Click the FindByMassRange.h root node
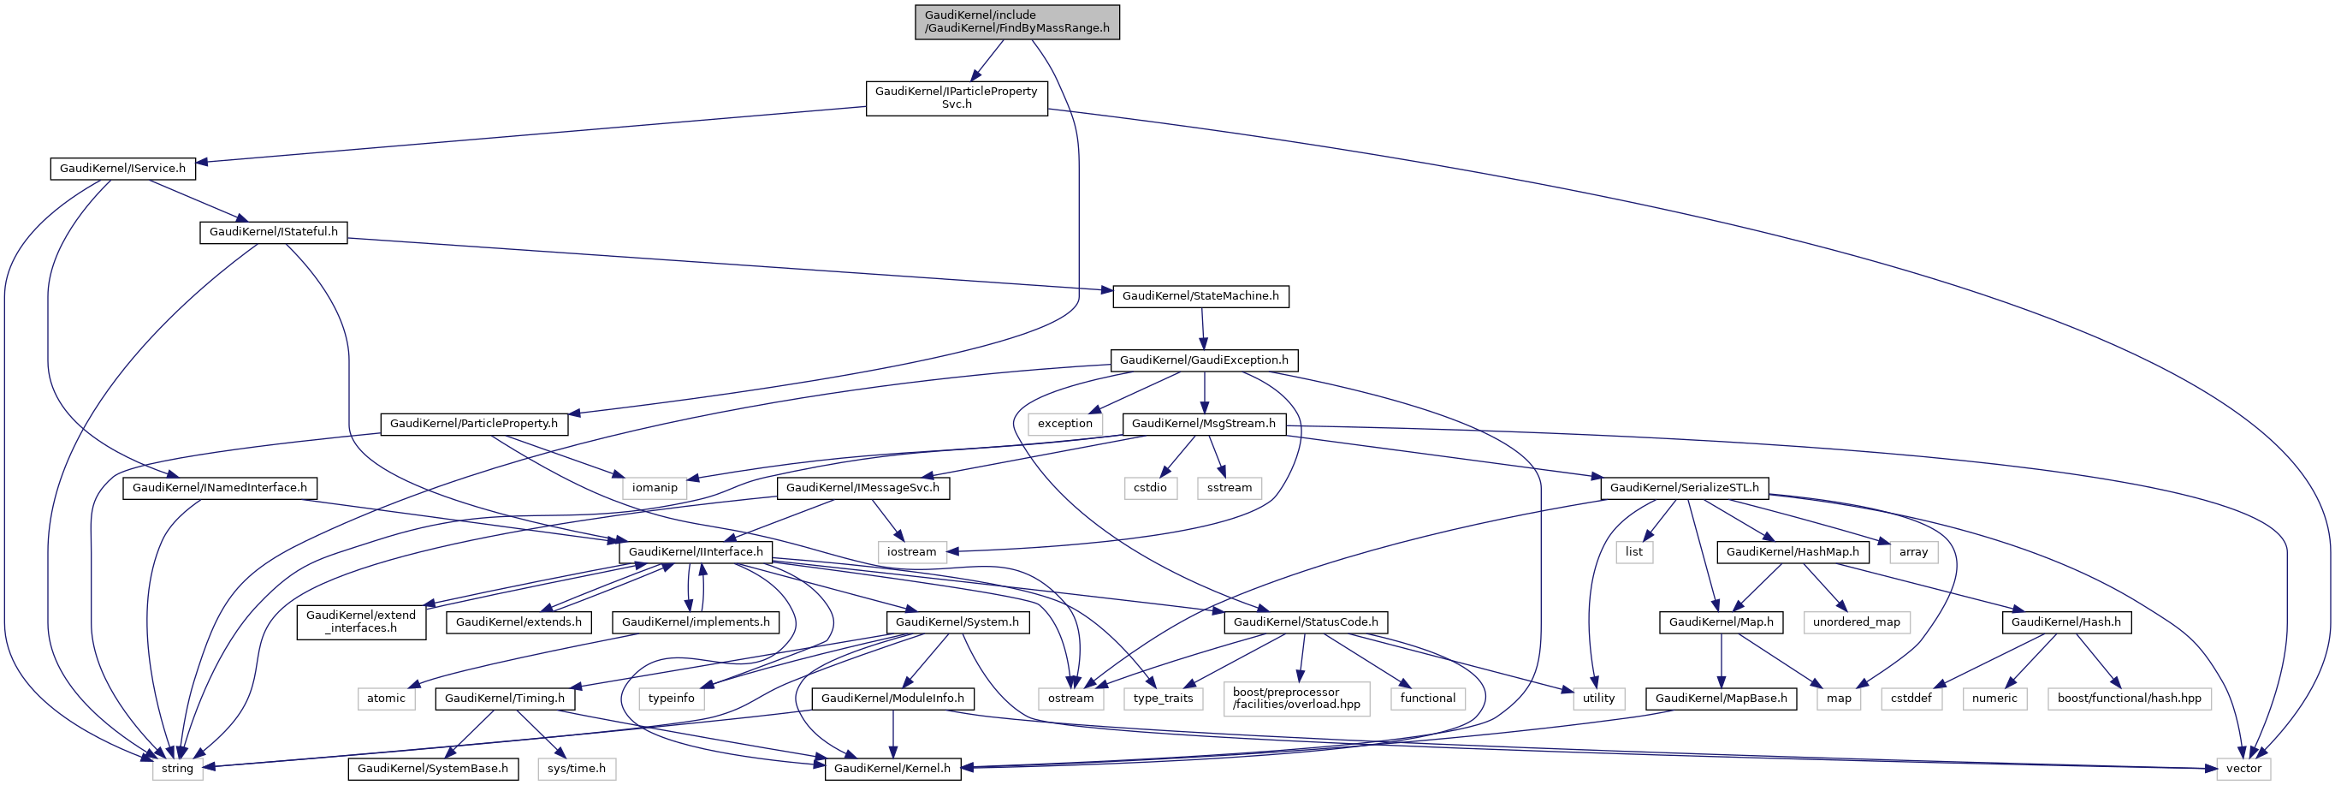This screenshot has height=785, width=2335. (x=1017, y=21)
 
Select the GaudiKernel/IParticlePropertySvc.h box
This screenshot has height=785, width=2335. (x=957, y=98)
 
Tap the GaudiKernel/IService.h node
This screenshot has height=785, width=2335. (x=122, y=169)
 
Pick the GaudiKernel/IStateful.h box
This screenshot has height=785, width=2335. (x=273, y=232)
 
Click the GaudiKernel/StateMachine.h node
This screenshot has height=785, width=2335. (x=1200, y=296)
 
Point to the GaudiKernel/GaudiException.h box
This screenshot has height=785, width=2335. (x=1204, y=360)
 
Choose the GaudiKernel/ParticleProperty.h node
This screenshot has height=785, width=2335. (x=474, y=424)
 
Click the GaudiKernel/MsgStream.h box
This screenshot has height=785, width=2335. (x=1203, y=424)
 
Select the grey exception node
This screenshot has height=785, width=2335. (x=1065, y=424)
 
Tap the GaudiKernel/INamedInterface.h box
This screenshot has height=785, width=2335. (x=219, y=488)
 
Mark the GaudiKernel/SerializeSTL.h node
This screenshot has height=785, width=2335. (x=1683, y=488)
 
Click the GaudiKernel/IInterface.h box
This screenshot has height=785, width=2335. (x=696, y=551)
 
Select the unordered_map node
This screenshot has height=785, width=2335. (x=1856, y=621)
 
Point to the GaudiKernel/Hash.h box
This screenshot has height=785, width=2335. (x=2065, y=621)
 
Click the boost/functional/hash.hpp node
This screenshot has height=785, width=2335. (x=2128, y=698)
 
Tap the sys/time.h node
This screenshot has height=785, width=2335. (x=577, y=769)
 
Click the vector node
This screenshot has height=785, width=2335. (x=2243, y=769)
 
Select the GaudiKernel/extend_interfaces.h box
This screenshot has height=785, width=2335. (x=361, y=621)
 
